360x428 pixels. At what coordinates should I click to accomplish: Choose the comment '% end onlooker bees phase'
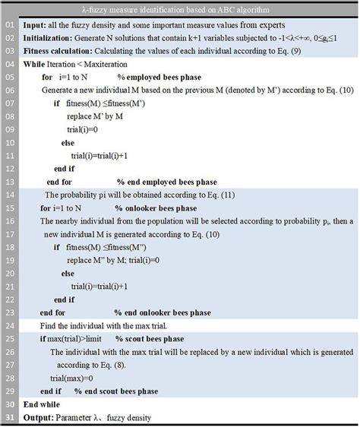[164, 311]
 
